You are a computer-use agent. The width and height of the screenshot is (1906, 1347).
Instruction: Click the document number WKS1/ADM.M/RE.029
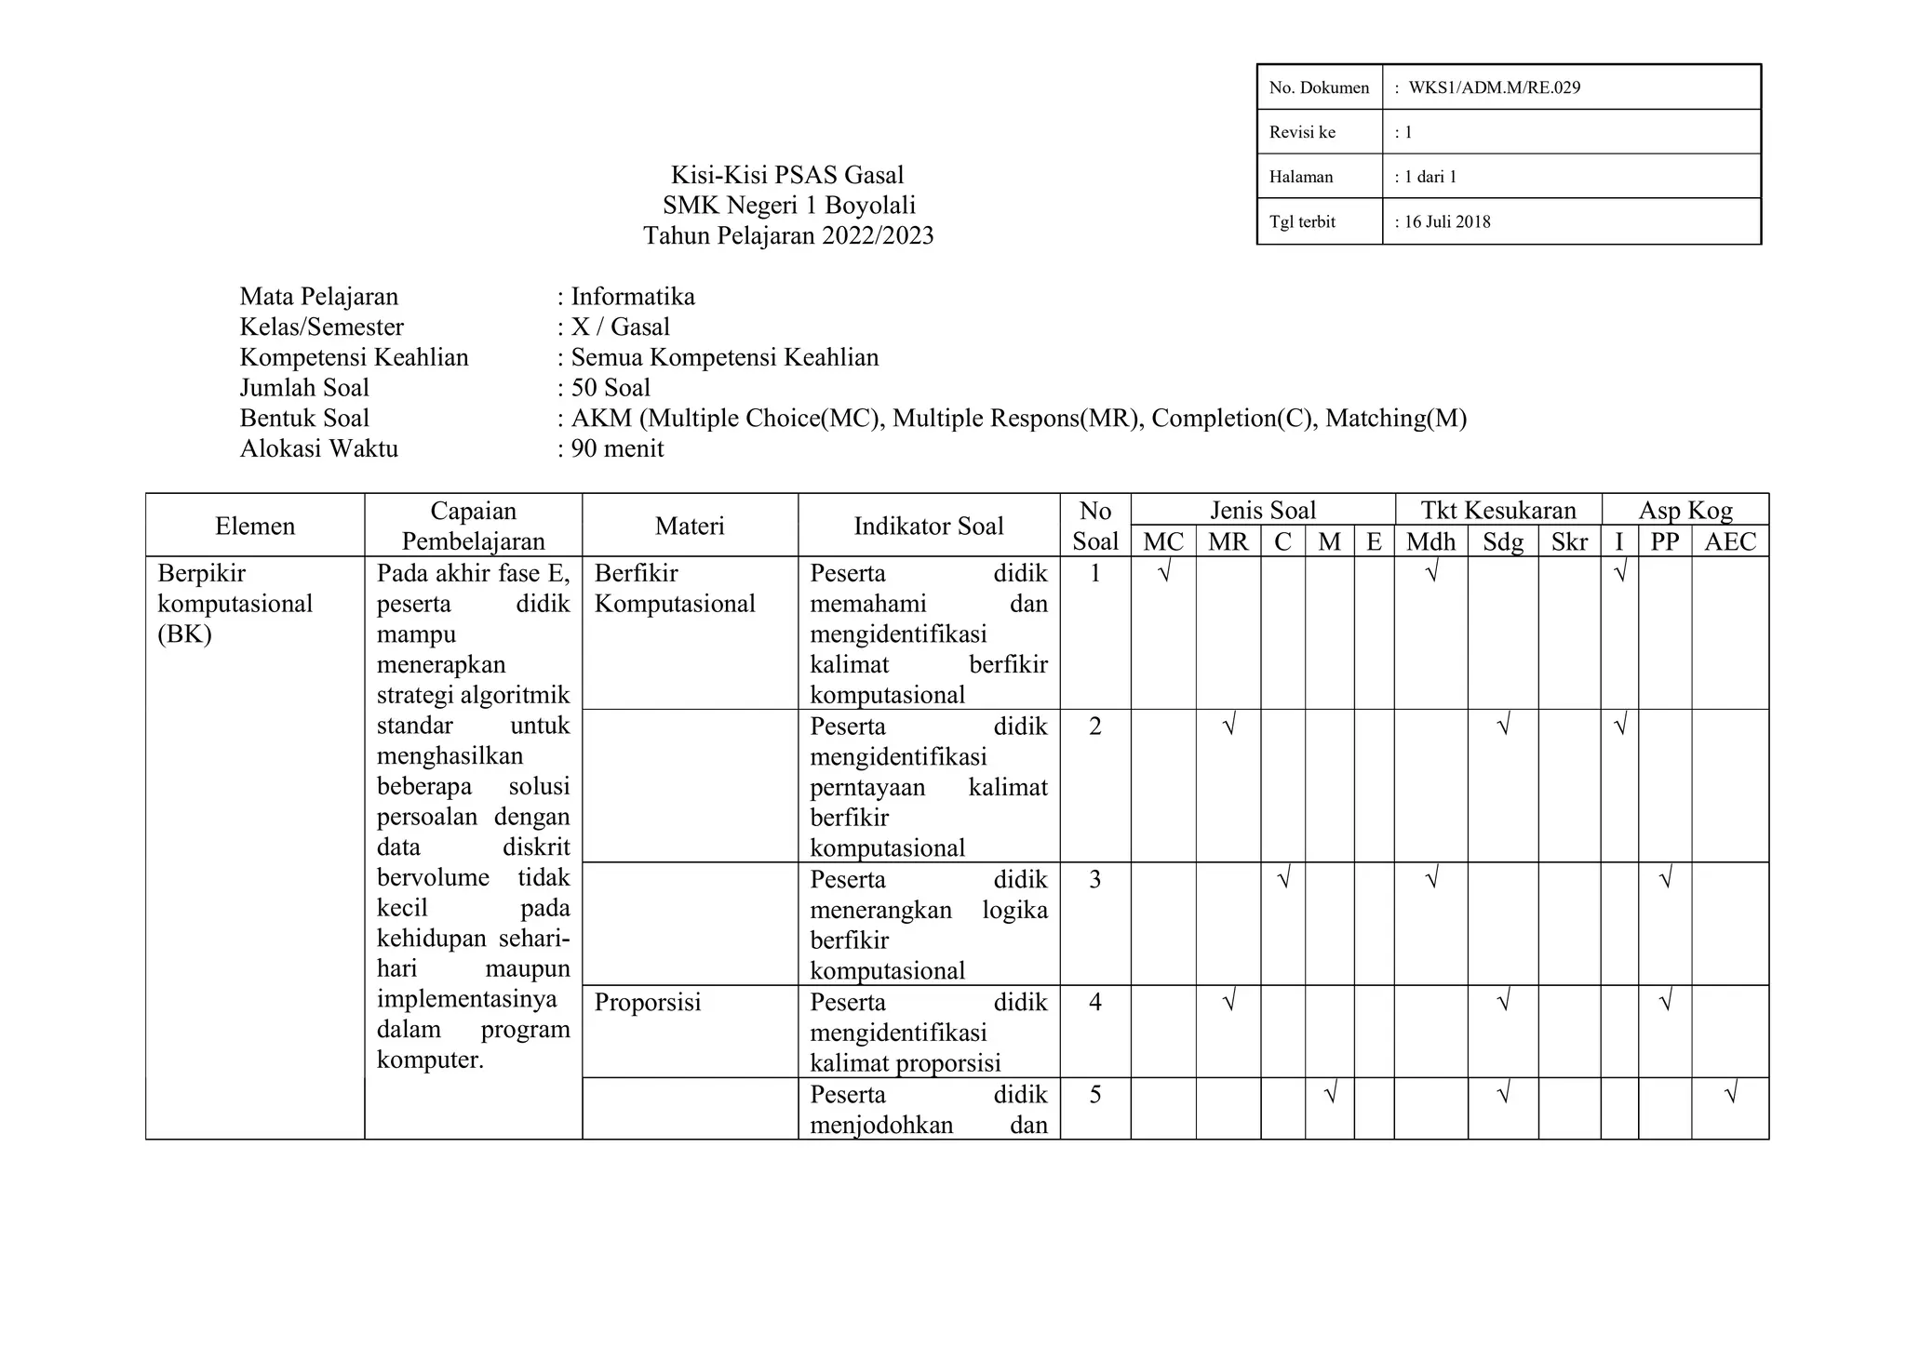(x=1494, y=87)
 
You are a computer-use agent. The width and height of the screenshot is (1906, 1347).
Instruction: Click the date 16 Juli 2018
(x=1447, y=221)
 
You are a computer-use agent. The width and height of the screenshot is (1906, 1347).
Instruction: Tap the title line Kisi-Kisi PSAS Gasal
(x=787, y=175)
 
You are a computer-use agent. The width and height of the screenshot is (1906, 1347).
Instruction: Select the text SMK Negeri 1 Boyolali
(x=788, y=205)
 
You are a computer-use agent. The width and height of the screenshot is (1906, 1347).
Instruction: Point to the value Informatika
(x=633, y=297)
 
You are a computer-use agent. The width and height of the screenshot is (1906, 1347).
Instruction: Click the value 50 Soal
(x=611, y=388)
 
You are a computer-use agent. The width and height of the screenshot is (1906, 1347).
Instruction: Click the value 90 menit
(x=617, y=448)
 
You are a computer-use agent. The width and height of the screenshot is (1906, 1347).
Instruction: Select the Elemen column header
(x=255, y=526)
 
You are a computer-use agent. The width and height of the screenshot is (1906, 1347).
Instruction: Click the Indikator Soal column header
(x=928, y=526)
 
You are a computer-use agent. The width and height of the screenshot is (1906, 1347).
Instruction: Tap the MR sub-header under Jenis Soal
(x=1228, y=541)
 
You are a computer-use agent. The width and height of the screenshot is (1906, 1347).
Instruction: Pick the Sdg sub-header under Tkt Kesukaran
(x=1502, y=541)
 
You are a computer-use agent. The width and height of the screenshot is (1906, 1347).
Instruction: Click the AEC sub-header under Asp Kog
(x=1729, y=541)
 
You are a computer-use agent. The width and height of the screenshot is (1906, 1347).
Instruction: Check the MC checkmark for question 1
(x=1163, y=571)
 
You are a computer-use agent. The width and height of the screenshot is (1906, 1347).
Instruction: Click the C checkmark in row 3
(x=1283, y=877)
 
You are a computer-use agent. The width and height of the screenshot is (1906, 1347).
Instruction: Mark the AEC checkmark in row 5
(x=1730, y=1093)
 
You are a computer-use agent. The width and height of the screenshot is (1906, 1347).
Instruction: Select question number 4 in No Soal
(x=1094, y=1002)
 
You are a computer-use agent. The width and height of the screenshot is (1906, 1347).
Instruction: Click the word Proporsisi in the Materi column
(x=647, y=1002)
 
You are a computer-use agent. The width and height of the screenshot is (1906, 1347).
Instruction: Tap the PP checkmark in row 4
(x=1666, y=1001)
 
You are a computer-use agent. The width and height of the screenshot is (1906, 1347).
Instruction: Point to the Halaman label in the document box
(x=1300, y=177)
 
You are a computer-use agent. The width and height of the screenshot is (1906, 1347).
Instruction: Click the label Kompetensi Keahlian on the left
(x=354, y=357)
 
